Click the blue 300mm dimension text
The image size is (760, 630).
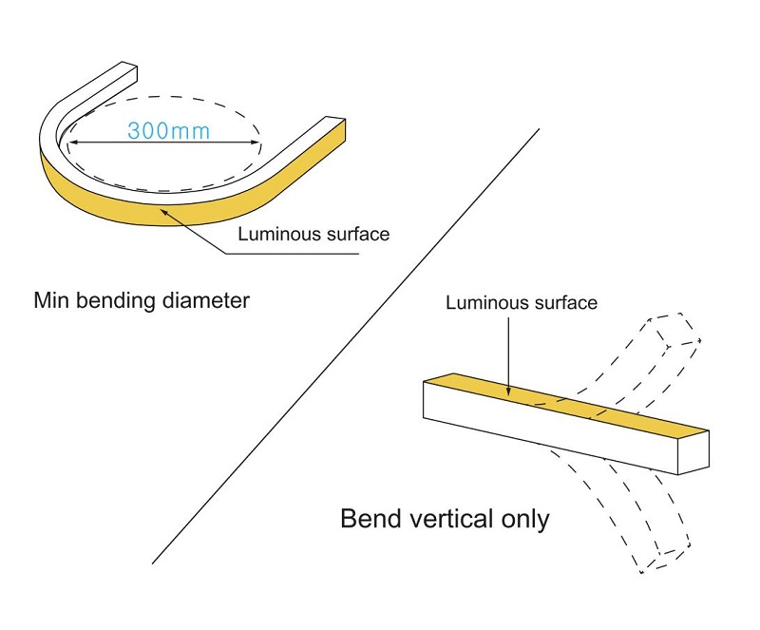pyautogui.click(x=169, y=131)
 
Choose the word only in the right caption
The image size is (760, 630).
pyautogui.click(x=523, y=520)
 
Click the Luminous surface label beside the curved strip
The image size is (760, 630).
pyautogui.click(x=313, y=234)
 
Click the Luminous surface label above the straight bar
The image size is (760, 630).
pyautogui.click(x=522, y=303)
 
